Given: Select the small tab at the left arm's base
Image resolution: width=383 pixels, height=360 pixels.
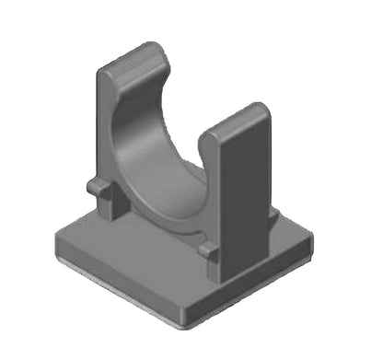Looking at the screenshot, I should pos(97,187).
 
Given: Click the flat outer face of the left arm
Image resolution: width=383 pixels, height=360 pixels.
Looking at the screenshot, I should pos(103,138).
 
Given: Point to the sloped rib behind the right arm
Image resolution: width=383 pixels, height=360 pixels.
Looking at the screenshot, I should pos(273,217).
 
